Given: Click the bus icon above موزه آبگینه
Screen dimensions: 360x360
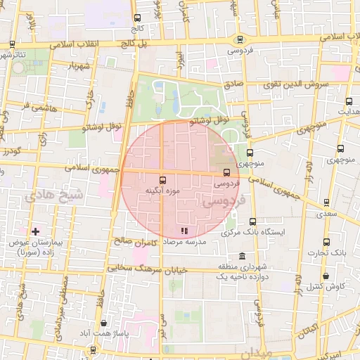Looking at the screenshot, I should tap(163, 180).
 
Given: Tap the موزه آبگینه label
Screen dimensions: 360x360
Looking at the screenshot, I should tap(163, 191).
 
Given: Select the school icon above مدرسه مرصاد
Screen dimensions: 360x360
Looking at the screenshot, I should tap(184, 230).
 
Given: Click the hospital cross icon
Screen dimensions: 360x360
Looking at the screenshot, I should tap(35, 231).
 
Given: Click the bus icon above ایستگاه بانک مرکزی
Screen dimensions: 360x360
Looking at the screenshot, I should tap(252, 222).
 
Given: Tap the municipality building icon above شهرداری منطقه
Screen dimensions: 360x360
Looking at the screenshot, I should tap(243, 256).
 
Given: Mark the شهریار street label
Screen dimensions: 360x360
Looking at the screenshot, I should tap(79, 67).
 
